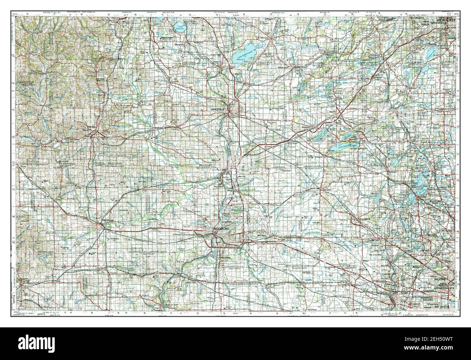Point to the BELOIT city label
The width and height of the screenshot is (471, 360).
[216, 160]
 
